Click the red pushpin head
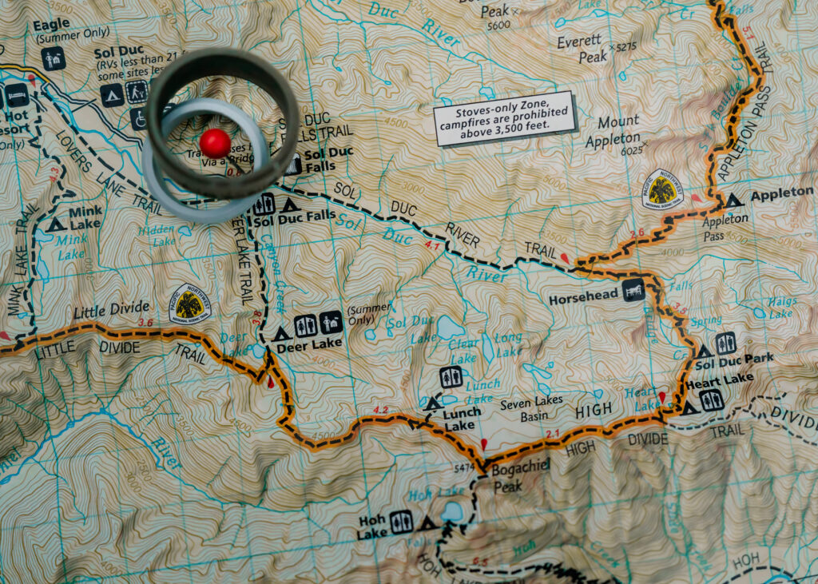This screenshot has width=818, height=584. (x=215, y=143)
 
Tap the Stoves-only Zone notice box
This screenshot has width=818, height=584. (x=504, y=118)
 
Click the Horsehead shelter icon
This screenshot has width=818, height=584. (x=633, y=292)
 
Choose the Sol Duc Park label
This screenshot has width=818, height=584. (x=734, y=362)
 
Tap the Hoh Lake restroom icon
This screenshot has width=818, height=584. (x=401, y=521)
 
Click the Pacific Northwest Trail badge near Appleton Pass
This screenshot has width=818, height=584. (x=662, y=189)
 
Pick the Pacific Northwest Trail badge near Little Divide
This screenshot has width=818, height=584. (x=190, y=304)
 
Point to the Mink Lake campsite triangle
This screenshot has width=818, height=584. (x=55, y=224)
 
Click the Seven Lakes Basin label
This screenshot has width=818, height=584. (x=531, y=407)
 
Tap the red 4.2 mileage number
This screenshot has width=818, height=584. (x=380, y=411)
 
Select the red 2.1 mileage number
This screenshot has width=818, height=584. (x=553, y=434)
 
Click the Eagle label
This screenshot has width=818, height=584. (x=52, y=25)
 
